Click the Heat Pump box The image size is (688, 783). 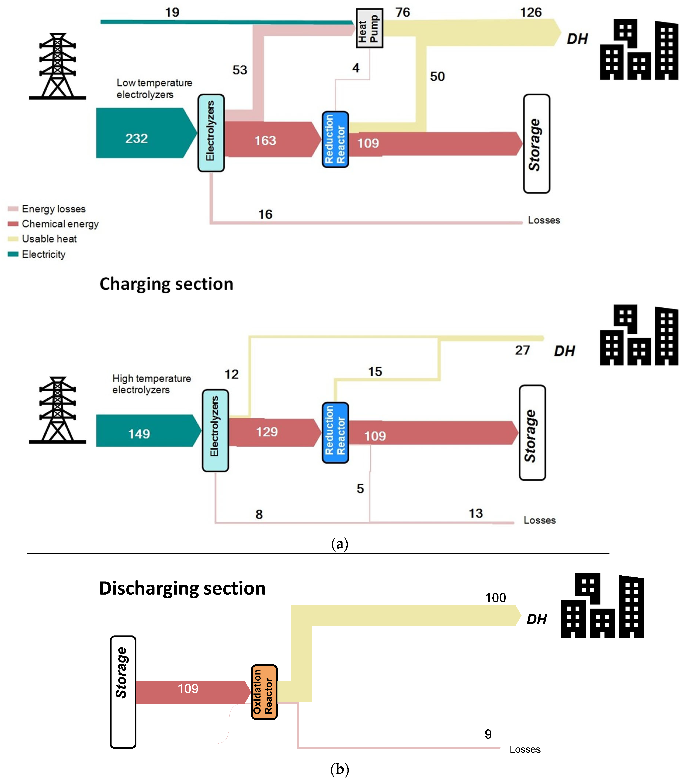(369, 28)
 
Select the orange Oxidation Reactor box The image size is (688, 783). (264, 692)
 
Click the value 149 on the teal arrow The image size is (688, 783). (139, 434)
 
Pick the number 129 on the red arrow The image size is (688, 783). (267, 432)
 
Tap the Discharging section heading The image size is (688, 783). (182, 588)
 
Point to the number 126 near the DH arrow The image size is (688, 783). (531, 12)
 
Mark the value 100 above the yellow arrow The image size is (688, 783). (496, 598)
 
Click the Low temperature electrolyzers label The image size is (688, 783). (154, 88)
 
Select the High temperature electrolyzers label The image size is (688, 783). (152, 384)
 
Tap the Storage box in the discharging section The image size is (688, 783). (123, 692)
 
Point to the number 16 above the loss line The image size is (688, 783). (265, 214)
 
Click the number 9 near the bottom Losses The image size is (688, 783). (488, 734)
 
